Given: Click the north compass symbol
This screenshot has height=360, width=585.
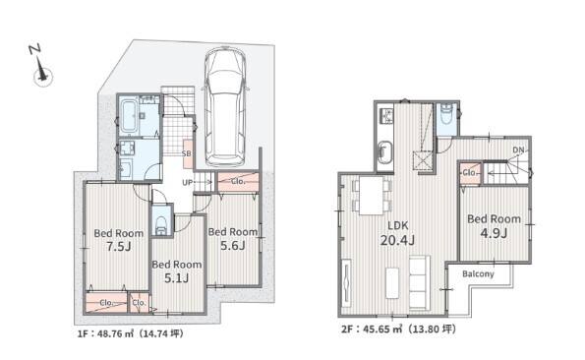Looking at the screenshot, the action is click(x=40, y=66).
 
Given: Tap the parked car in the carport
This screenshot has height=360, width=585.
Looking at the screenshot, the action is click(x=225, y=106).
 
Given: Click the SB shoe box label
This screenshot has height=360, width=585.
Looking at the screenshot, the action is click(x=187, y=153).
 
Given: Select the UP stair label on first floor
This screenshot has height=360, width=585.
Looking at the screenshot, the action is click(x=188, y=183).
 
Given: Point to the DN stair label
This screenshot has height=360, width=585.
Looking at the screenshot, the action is click(x=518, y=150).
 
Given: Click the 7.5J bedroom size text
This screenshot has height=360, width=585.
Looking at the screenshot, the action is click(x=119, y=246).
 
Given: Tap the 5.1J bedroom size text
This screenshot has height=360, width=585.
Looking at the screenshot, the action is click(x=176, y=277).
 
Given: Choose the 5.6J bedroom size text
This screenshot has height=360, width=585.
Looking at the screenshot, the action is click(x=232, y=245).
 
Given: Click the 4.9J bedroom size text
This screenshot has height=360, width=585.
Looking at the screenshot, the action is click(x=494, y=233).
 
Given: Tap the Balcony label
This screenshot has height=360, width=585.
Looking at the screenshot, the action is click(x=478, y=273).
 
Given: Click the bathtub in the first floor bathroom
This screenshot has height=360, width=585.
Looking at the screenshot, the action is click(x=129, y=116).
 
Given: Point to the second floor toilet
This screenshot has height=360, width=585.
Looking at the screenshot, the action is click(x=446, y=115).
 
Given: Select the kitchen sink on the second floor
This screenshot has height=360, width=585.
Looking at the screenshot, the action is click(x=385, y=153).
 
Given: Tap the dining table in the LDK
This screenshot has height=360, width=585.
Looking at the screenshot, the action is click(x=372, y=195).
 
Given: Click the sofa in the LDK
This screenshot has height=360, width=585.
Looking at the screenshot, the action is click(x=420, y=282).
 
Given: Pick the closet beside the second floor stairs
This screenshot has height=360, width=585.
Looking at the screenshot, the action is click(x=470, y=173).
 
